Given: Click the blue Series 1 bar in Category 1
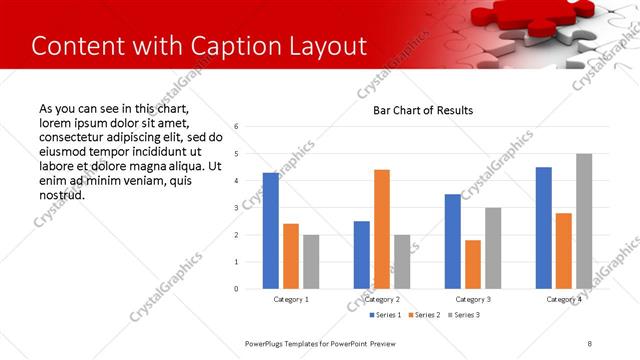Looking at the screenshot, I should point(271,231).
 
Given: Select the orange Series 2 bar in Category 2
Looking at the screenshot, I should point(382,229).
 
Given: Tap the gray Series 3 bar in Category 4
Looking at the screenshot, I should point(584,221).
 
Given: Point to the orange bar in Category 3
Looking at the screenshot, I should point(473,264).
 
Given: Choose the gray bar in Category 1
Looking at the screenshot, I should point(311,262).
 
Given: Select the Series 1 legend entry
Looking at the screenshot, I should point(385,315).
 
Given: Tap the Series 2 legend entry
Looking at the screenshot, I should point(424,315).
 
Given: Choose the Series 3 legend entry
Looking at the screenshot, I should point(463,315).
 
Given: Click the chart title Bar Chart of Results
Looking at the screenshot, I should point(423,110).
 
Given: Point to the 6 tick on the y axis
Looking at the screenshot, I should point(235,127).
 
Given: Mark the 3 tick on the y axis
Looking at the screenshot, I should point(235,208).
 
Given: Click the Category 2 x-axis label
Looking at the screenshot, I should point(382,299).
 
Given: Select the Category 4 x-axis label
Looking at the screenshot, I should point(564,299).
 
